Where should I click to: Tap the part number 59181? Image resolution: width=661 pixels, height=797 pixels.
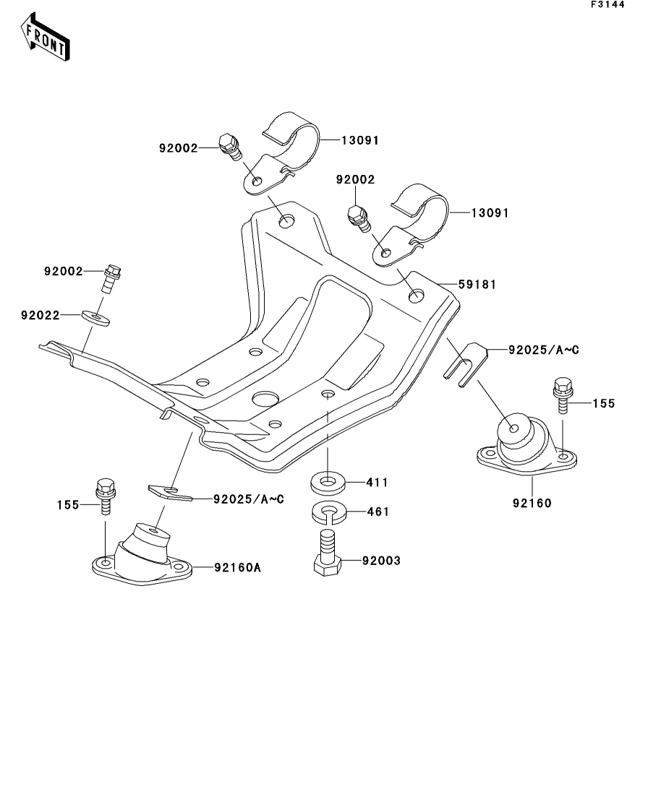point(479,285)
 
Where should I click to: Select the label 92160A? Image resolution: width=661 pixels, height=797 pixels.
point(236,567)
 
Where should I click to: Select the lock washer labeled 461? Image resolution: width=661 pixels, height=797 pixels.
point(328,512)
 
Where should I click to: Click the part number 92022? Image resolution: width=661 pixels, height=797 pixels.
point(40,315)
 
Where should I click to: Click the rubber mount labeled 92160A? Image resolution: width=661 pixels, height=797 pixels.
point(144,553)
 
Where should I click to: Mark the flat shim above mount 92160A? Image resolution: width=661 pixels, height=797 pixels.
point(170,493)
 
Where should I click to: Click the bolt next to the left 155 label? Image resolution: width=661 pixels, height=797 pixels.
point(104,495)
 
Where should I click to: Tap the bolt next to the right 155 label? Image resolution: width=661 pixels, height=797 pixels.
point(563,395)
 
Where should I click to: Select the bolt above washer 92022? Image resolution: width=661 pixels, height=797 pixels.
point(113,276)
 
